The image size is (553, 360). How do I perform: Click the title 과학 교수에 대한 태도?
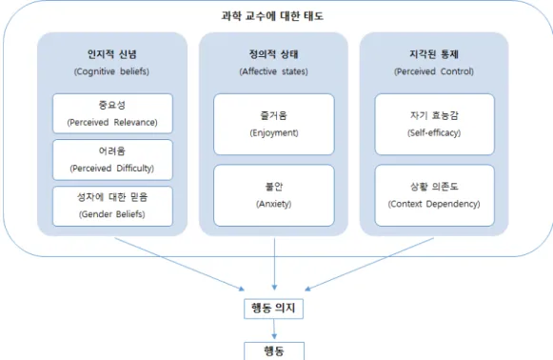point(272,16)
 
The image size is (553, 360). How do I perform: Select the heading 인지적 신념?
point(112,54)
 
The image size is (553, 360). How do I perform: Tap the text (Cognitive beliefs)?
point(111,71)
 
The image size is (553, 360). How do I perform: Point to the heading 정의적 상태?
point(274,54)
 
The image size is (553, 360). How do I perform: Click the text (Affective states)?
point(274,71)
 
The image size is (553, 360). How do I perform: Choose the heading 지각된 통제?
point(434,54)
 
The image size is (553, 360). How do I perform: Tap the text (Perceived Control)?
point(434,71)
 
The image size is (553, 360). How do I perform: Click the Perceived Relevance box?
point(112,113)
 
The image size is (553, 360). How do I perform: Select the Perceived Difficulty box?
point(112,160)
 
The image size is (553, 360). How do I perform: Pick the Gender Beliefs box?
point(112,206)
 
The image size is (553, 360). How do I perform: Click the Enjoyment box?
point(274,124)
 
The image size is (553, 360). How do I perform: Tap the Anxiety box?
point(274,195)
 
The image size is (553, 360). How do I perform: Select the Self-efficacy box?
point(434,124)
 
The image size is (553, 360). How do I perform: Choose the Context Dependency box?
point(434,195)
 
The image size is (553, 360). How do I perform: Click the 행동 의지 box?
point(274,309)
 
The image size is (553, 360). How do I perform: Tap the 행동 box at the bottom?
point(274,350)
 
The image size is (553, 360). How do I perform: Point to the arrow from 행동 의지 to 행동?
point(274,330)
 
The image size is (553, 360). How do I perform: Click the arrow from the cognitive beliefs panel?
point(180,265)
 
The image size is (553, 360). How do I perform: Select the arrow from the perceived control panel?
point(369,265)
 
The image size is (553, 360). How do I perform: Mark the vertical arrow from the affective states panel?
point(274,264)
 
